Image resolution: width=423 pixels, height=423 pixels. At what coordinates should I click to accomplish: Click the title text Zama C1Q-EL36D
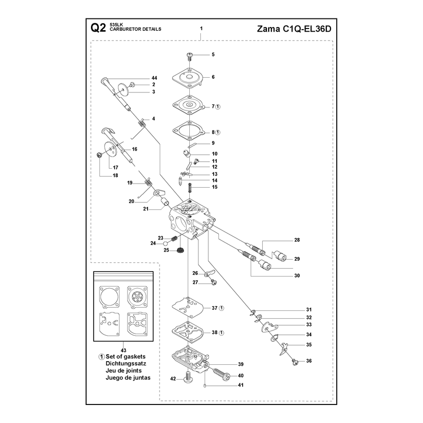coord(294,29)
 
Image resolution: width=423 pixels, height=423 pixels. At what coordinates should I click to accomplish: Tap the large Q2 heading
coord(98,28)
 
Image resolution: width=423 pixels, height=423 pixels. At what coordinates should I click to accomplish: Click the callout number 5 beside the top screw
coord(213,54)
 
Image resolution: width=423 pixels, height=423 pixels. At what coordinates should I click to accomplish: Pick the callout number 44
coord(154,78)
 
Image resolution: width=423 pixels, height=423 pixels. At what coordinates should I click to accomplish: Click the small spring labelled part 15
coord(190,187)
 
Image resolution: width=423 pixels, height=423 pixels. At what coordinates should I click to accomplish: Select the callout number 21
coord(146,209)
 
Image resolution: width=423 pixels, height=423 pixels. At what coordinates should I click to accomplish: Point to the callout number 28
coord(297,240)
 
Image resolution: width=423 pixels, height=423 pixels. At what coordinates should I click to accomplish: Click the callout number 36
coord(309,361)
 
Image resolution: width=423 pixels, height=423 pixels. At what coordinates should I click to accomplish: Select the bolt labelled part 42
coord(188,376)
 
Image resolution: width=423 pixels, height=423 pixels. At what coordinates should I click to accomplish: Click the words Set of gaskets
coord(125,356)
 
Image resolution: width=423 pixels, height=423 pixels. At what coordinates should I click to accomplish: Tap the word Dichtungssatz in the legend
coord(126,363)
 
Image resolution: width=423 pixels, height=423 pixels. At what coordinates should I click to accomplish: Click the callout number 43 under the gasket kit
coord(123,351)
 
